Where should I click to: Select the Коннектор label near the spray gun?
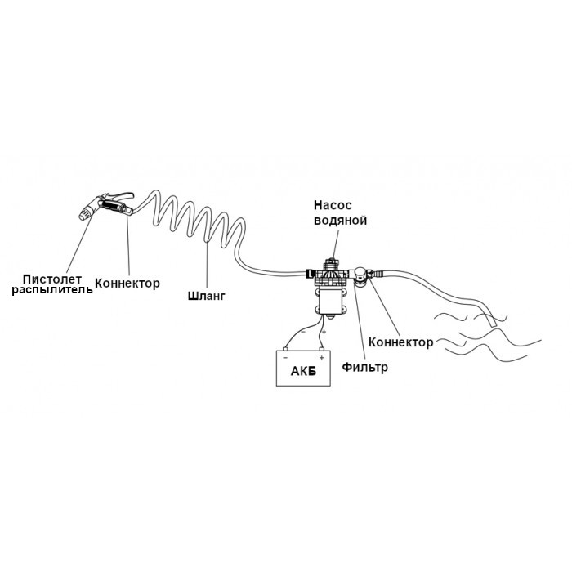(x=127, y=284)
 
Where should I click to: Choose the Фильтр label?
(x=364, y=367)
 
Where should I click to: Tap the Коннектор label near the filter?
(x=401, y=342)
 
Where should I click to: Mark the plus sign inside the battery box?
(x=322, y=358)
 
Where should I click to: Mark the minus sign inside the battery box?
(x=285, y=358)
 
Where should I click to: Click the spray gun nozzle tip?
(x=84, y=214)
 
